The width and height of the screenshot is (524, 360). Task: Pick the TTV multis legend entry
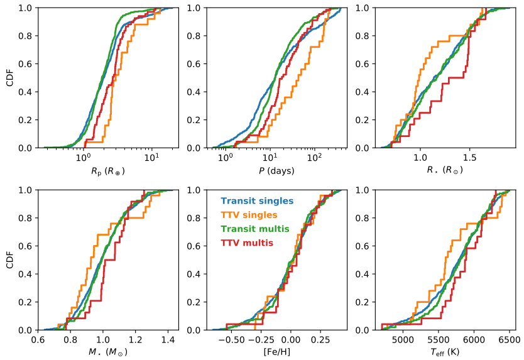point(246,243)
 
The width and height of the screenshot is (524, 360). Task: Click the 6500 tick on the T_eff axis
point(510,340)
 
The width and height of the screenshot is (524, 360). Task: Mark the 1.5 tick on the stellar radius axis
point(469,158)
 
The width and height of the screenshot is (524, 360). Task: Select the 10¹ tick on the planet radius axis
point(151,158)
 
